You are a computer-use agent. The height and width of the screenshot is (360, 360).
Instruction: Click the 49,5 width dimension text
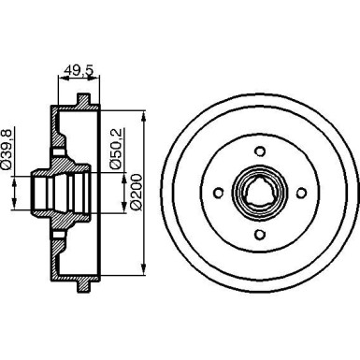pos(79,67)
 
